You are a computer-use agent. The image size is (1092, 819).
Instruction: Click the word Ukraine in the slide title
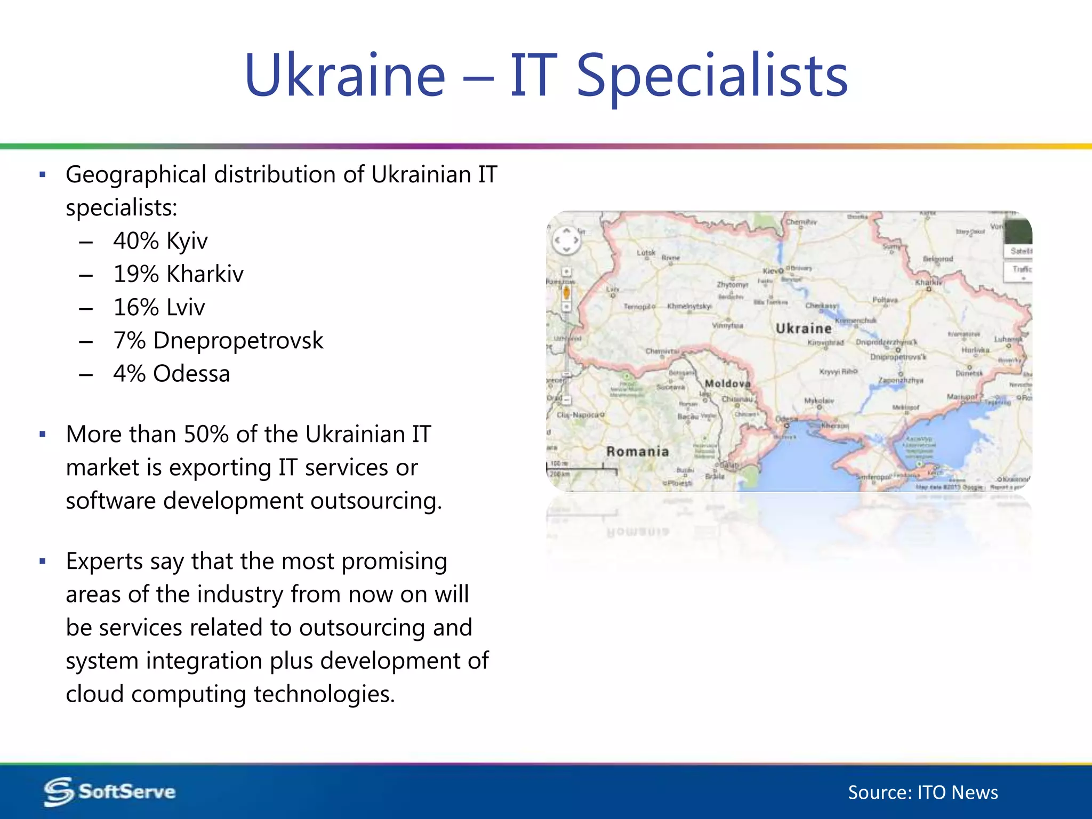point(344,76)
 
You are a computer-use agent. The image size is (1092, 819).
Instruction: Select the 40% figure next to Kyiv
point(136,241)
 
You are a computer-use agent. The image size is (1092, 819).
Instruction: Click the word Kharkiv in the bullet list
point(205,274)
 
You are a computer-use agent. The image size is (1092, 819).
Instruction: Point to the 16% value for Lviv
point(136,308)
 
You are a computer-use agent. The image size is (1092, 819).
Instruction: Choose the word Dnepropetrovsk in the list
point(238,341)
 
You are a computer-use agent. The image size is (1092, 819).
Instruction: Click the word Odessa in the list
point(191,374)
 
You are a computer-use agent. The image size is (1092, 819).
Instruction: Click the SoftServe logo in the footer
point(110,792)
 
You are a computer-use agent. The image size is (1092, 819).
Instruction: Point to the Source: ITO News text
point(923,793)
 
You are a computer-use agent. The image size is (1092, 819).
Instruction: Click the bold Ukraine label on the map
point(804,328)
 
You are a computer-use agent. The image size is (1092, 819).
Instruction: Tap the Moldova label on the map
point(727,383)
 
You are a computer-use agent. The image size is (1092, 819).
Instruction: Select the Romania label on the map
point(637,452)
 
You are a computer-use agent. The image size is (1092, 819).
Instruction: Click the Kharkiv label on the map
point(928,282)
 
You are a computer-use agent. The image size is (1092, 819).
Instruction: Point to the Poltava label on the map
point(885,300)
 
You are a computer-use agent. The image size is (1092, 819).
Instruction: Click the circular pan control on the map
point(566,240)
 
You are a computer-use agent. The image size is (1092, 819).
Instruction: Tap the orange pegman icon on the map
point(566,292)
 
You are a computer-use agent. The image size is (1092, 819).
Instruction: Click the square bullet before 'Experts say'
point(43,561)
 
